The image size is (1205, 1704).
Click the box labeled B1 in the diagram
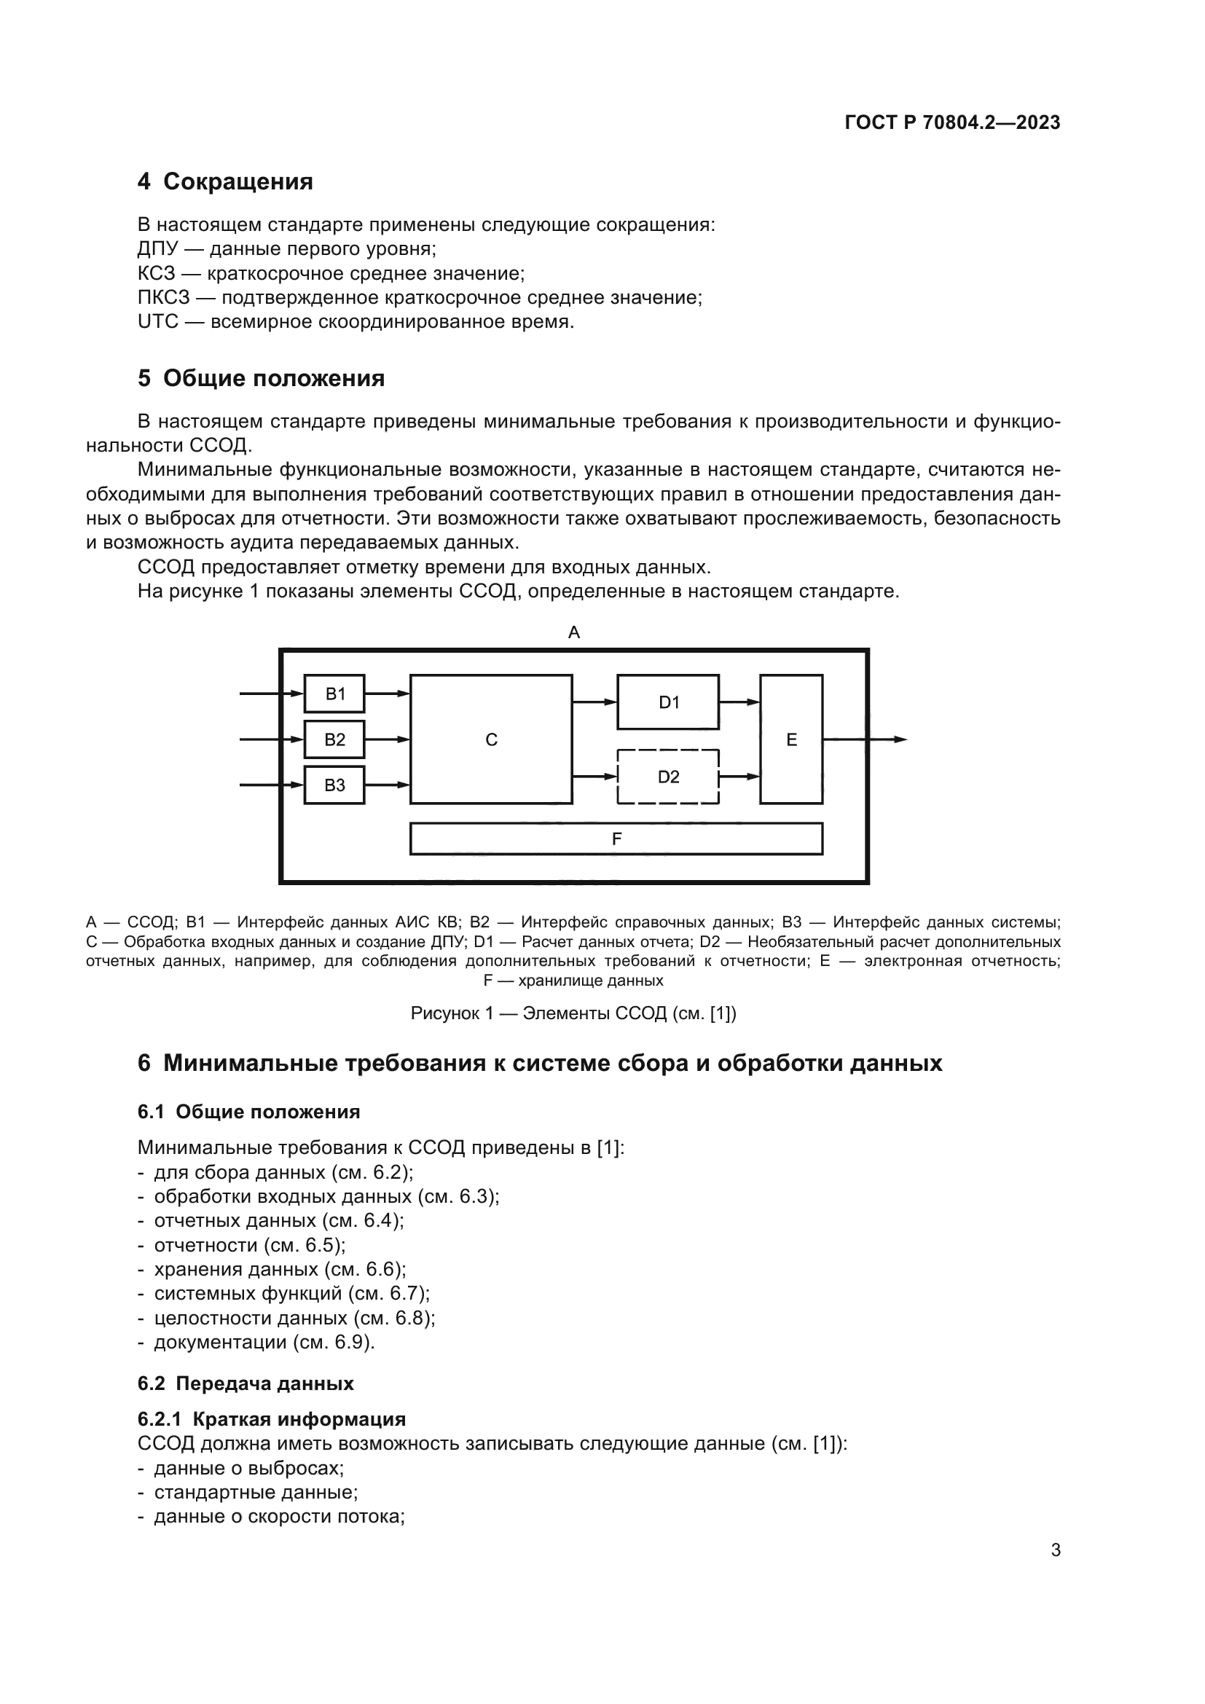(x=334, y=694)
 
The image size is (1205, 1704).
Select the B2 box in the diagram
(x=334, y=740)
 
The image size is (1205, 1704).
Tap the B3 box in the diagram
(x=334, y=785)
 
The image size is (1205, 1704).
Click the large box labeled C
(x=491, y=740)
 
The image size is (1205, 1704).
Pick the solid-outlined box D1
(x=668, y=702)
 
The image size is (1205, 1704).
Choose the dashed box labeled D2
(x=668, y=777)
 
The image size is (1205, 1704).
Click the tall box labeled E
(x=791, y=740)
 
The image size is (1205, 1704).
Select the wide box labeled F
(x=616, y=839)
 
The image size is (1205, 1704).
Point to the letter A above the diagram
(x=573, y=632)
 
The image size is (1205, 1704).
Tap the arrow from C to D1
(x=594, y=702)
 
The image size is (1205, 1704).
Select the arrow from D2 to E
(x=739, y=777)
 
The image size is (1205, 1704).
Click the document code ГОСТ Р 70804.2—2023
(x=953, y=123)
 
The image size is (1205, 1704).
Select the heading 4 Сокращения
(x=225, y=182)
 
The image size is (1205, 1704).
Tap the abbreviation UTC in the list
(x=158, y=322)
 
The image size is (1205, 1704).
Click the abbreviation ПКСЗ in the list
(x=163, y=298)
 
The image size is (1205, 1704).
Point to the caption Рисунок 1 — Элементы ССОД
(x=573, y=1013)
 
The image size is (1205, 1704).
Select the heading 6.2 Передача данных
(x=246, y=1383)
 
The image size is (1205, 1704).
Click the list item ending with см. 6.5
(x=249, y=1244)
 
